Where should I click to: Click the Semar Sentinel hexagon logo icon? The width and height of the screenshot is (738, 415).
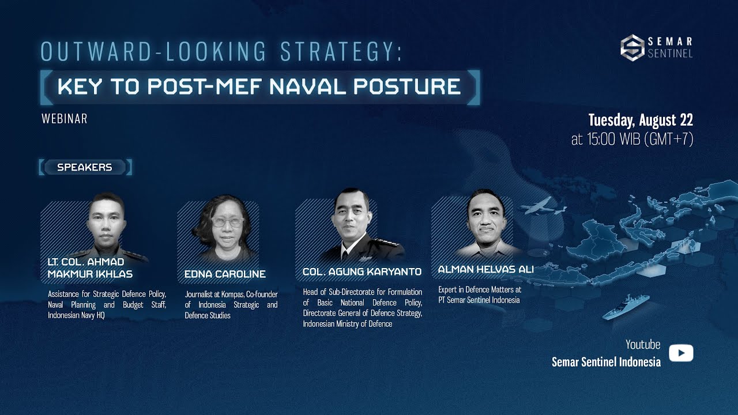pos(632,47)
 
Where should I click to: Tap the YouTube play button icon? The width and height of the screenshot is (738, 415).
pos(681,353)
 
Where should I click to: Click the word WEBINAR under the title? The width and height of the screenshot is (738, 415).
pos(64,119)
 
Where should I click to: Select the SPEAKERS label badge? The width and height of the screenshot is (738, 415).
pos(85,167)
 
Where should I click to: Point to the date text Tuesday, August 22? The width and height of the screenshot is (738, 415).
pos(640,120)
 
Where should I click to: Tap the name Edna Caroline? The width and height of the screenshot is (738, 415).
pos(225,274)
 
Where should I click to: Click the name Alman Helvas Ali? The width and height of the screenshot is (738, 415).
pos(485,269)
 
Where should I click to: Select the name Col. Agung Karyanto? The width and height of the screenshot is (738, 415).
pos(362,271)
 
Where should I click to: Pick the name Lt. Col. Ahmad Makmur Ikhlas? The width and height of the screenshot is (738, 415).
pos(90,268)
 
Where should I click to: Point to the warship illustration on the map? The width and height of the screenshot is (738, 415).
pos(626,306)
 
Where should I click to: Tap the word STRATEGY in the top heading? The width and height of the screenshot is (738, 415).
pos(340,52)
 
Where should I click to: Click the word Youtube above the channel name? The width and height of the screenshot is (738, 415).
pos(643,345)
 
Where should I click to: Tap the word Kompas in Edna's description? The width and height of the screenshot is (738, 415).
pos(232,294)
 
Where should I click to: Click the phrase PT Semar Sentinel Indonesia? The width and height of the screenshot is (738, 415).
pos(479,300)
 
